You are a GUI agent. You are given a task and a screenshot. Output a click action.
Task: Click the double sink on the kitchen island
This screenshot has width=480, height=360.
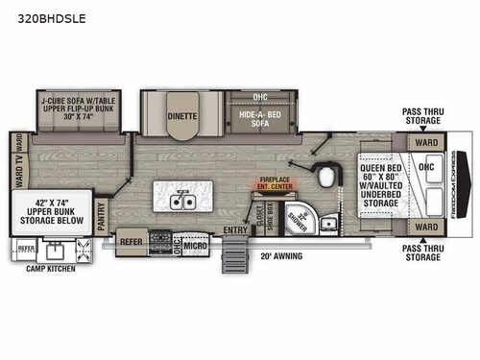[182, 202]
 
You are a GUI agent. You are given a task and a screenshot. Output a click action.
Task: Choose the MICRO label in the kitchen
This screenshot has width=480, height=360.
[198, 245]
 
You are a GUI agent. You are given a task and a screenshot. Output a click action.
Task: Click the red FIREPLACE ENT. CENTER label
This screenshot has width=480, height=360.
[276, 182]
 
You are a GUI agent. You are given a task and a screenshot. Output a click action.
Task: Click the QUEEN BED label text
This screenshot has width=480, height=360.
[380, 167]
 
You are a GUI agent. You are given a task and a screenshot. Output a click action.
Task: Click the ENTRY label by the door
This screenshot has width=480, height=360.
[235, 229]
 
